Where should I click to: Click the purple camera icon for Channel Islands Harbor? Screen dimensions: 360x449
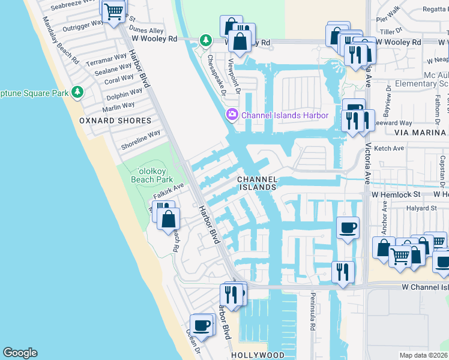232,115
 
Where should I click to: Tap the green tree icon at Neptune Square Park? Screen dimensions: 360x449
77,92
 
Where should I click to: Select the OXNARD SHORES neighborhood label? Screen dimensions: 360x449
115,121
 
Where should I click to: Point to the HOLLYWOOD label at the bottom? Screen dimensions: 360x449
258,355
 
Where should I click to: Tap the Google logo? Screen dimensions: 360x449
20,353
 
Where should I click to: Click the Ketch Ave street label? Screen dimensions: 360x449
389,148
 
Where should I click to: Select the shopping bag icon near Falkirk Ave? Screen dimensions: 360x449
169,218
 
